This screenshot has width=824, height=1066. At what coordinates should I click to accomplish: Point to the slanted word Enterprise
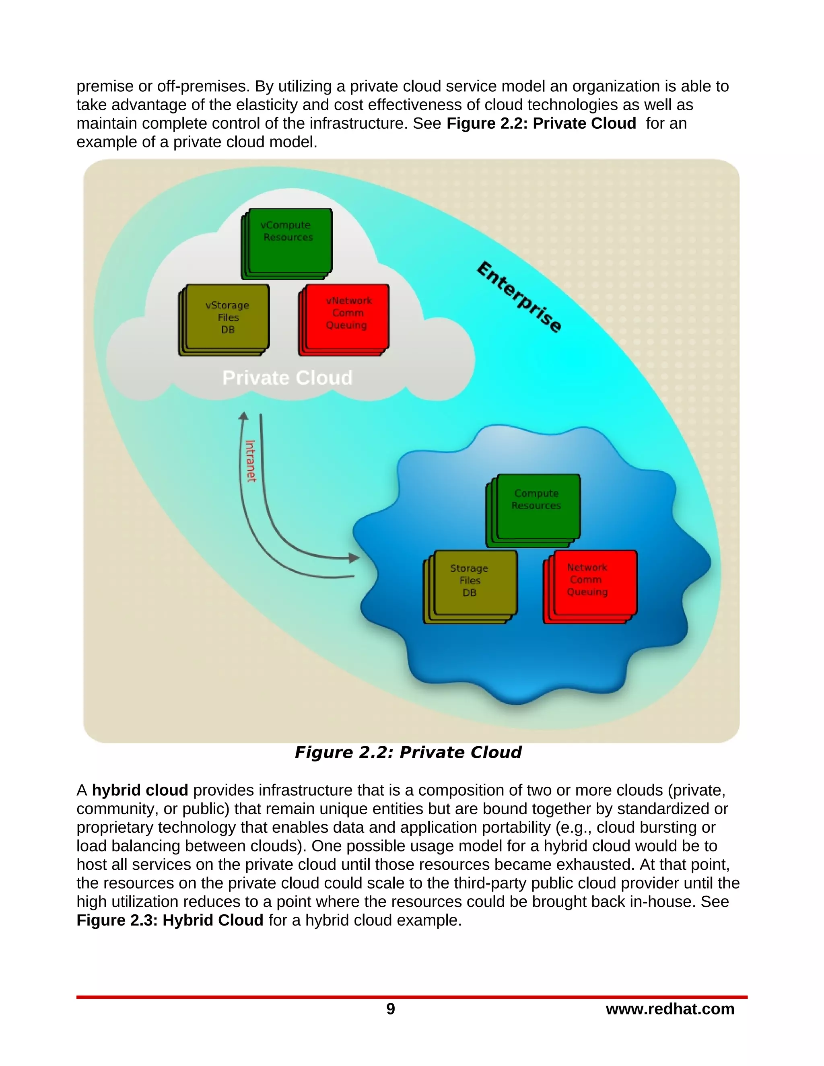(519, 297)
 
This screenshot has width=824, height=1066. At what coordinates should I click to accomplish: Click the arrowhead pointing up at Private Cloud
(243, 416)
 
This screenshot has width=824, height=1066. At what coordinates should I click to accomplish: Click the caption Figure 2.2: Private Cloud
(408, 752)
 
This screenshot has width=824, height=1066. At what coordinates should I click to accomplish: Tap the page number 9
(391, 1009)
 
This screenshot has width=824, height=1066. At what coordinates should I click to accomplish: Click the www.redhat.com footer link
(670, 1009)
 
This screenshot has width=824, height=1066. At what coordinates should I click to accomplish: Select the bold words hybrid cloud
(140, 790)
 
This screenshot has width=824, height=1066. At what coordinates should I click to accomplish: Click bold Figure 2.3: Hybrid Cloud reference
(170, 920)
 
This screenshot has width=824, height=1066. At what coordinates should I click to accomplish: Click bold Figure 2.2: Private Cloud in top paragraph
(541, 123)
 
